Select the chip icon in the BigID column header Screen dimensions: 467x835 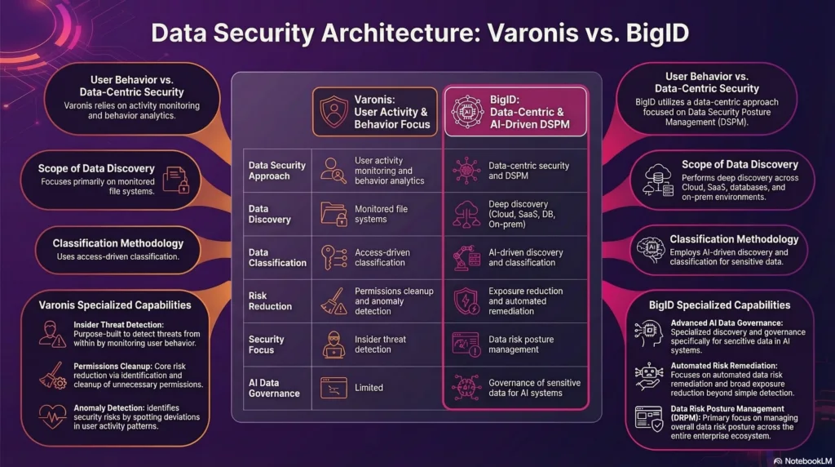(467, 113)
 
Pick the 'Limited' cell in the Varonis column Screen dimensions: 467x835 (369, 387)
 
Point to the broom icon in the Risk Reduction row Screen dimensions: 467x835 (333, 300)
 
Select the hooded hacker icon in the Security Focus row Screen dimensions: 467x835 (333, 344)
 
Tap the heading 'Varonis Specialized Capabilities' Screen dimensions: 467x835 (115, 305)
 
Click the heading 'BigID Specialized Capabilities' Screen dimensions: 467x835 (719, 305)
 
